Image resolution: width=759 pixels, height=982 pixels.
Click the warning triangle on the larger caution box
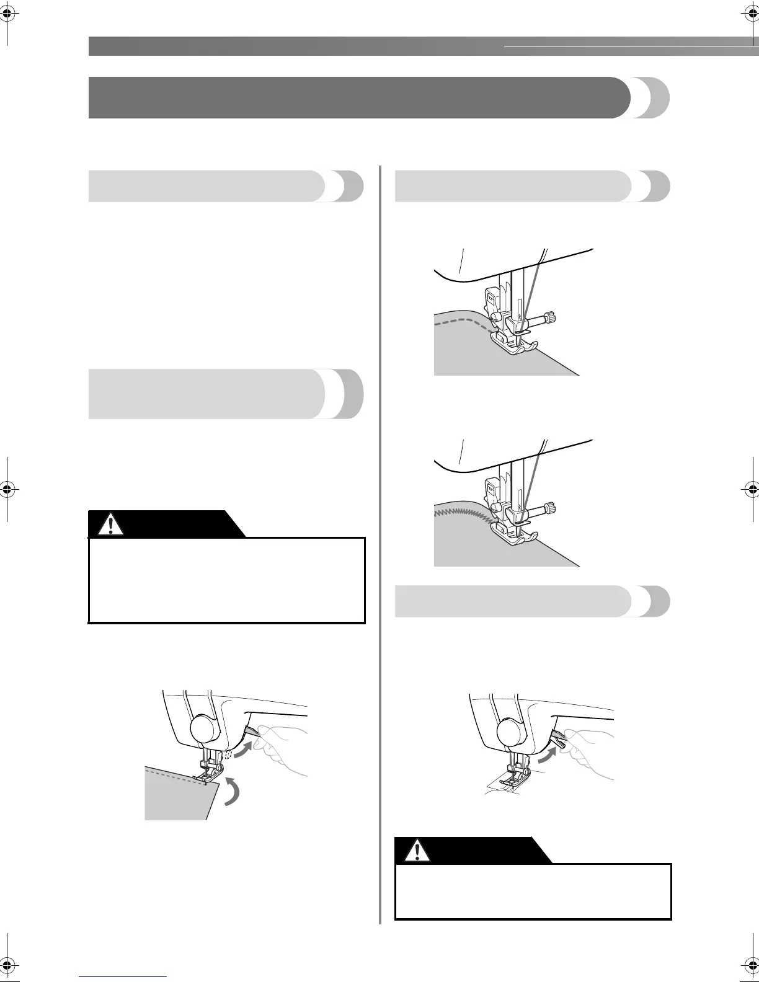(111, 524)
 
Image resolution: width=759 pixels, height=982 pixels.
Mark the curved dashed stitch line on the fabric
(462, 322)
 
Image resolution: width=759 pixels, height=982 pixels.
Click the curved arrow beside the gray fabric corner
(230, 790)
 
